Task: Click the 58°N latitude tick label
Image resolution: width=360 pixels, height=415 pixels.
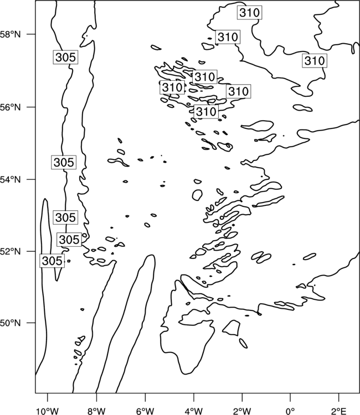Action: [x=10, y=34]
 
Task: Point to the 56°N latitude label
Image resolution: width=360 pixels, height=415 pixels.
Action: [x=10, y=107]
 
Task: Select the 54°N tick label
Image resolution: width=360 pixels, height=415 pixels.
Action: [x=10, y=180]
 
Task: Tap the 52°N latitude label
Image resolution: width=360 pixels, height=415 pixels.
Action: [x=10, y=251]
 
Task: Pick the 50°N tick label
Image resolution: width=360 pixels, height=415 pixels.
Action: [x=10, y=323]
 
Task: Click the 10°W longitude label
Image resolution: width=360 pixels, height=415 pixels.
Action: [x=48, y=411]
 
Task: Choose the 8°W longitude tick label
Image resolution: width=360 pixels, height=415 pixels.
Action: [x=96, y=411]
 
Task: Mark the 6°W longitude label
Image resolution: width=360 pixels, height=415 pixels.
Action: [x=145, y=411]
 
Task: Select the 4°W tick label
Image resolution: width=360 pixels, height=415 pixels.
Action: [x=193, y=411]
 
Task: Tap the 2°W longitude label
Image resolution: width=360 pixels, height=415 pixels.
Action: [x=242, y=411]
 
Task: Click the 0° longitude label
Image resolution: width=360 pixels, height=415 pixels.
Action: [x=290, y=411]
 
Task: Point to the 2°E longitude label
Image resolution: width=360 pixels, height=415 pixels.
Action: [x=339, y=411]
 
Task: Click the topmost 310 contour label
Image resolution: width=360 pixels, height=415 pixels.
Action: [x=249, y=13]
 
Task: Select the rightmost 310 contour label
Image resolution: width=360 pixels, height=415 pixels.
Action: [x=315, y=61]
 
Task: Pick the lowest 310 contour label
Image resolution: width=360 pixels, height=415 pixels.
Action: [x=206, y=111]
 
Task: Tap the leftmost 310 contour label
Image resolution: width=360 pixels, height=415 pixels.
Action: [x=172, y=87]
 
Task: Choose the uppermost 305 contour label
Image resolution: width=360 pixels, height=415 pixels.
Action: [x=66, y=57]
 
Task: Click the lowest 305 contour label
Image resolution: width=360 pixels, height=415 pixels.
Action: [x=52, y=261]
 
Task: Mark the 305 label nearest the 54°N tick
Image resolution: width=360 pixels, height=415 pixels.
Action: [x=64, y=162]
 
